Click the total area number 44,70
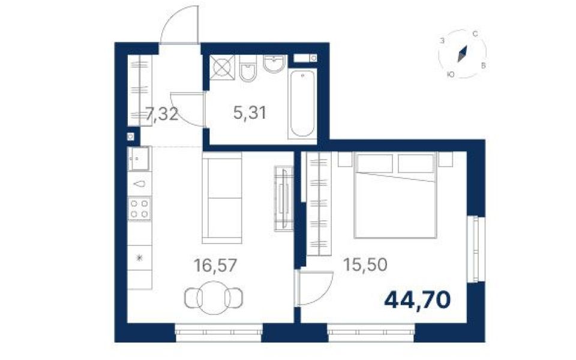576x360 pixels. [x=418, y=300]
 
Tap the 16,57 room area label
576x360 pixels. [x=215, y=265]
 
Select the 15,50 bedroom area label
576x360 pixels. [x=365, y=264]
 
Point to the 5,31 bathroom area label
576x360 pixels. [x=250, y=112]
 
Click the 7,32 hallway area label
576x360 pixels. [x=162, y=114]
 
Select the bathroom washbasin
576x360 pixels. [x=274, y=63]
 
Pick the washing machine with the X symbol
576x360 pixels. [x=222, y=67]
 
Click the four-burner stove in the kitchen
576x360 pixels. [x=140, y=209]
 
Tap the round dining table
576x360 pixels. [x=214, y=298]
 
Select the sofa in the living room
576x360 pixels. [x=222, y=198]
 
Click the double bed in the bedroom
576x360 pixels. [x=395, y=196]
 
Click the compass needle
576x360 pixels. [x=463, y=54]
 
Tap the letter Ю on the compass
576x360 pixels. [x=451, y=74]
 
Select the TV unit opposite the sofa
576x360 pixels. [x=284, y=199]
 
